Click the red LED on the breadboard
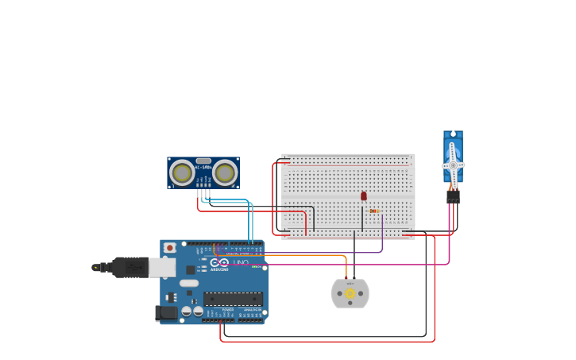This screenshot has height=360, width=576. pos(364,195)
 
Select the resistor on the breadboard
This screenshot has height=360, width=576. pos(373,211)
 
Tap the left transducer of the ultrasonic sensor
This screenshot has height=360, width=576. pos(182,172)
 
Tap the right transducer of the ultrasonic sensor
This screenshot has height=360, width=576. pos(225,172)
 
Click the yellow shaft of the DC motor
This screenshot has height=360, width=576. pos(350,294)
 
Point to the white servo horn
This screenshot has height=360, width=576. pos(453,165)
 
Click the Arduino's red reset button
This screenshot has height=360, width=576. pos(169,248)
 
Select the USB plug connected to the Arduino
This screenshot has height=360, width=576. pos(130,267)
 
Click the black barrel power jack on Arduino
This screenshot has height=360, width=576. pos(167,313)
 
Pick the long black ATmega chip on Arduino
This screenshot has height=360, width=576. pos(233,299)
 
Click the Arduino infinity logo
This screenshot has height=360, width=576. pos(219,263)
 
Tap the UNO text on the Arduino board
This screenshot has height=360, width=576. pos(240,263)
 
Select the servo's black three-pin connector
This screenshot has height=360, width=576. pos(453,195)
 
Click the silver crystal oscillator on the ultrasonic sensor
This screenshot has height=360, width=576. pos(203,161)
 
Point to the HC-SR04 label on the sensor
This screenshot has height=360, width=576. pos(203,167)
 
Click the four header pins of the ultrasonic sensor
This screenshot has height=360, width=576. pos(204,192)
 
